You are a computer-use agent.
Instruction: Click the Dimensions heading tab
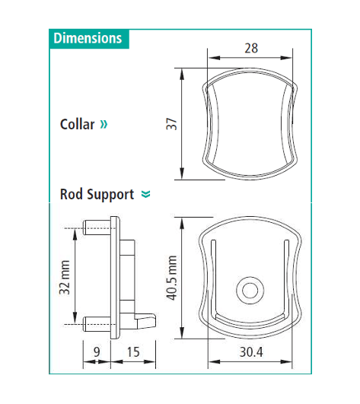88,38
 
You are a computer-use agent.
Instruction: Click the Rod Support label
97,194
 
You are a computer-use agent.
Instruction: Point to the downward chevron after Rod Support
146,195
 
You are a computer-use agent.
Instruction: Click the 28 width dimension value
250,47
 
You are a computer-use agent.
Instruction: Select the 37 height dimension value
171,123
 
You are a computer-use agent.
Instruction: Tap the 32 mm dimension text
65,277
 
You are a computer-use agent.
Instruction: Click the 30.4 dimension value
250,353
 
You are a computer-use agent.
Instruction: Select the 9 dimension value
97,352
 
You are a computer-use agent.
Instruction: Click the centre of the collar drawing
250,123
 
